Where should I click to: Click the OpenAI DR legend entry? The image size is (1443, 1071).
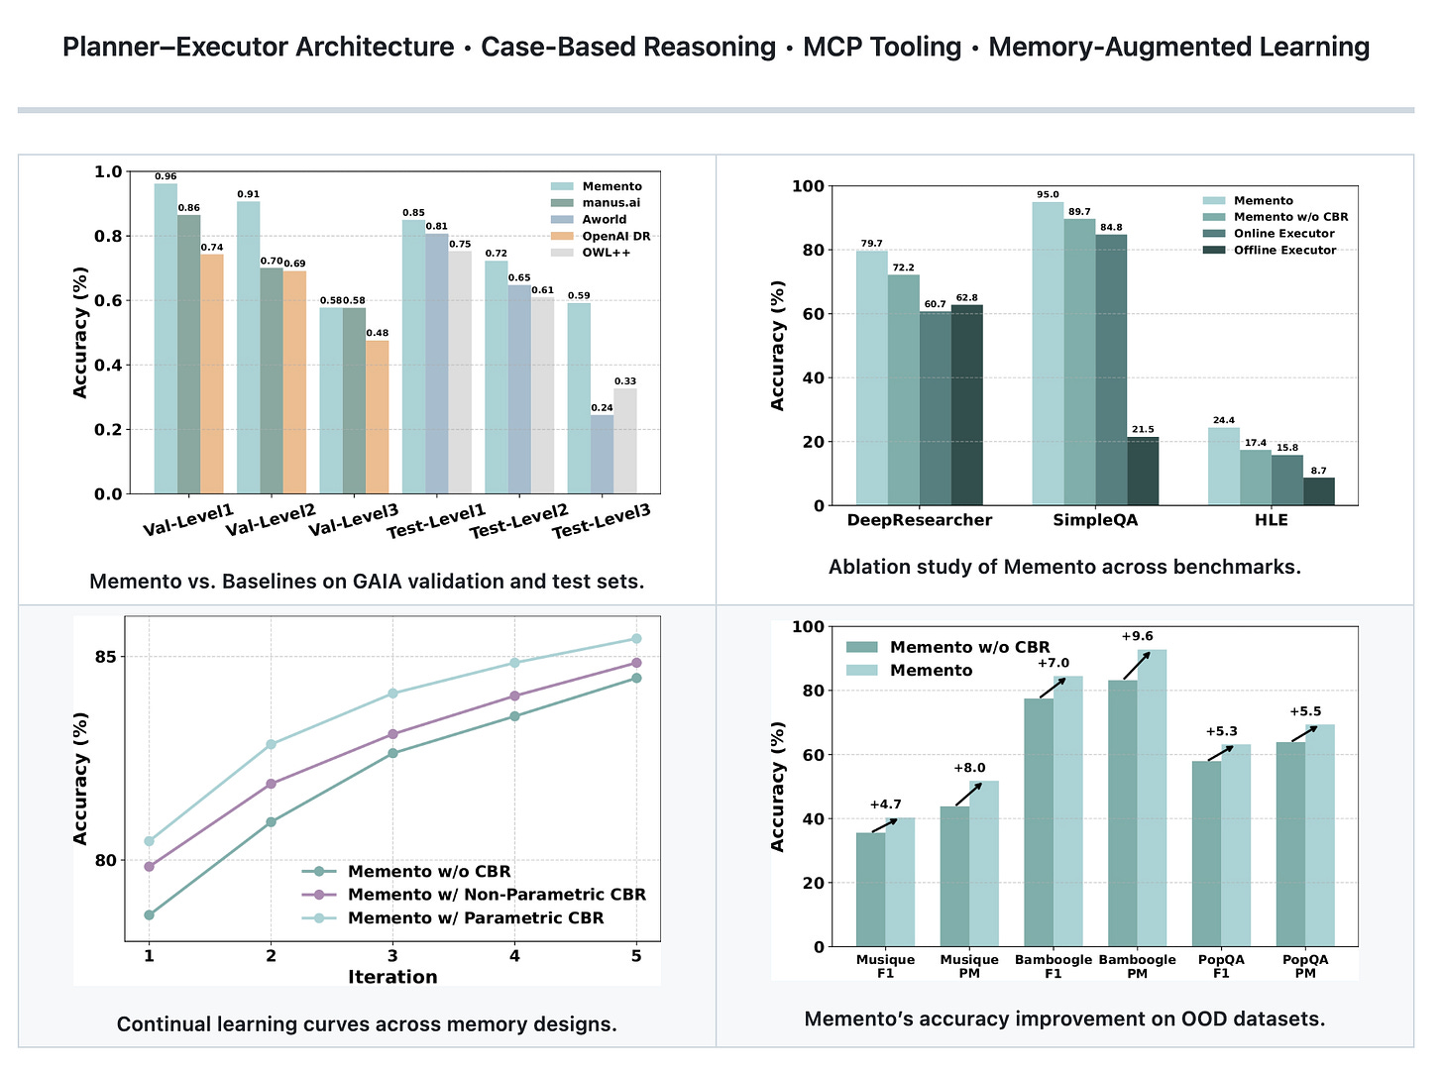615,236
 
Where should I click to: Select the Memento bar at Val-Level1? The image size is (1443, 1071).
166,338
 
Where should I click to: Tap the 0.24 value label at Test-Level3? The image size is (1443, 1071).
602,407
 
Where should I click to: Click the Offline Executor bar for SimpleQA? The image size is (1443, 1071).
1142,471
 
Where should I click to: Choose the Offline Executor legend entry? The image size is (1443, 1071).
1284,250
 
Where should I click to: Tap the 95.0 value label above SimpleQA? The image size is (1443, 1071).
1048,195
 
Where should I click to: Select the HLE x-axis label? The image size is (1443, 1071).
1272,520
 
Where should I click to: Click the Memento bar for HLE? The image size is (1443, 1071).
1224,467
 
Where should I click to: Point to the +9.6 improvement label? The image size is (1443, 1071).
1137,636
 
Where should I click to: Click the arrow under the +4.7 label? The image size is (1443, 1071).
885,825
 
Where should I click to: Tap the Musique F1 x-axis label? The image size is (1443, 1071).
885,966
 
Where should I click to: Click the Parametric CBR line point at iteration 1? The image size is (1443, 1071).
149,841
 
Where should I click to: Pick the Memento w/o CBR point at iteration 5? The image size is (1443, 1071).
636,678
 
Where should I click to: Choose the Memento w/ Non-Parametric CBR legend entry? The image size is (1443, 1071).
497,895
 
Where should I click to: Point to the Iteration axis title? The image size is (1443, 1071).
392,977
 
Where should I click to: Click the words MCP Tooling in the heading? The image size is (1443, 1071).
882,47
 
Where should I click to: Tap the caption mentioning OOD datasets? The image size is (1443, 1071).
1064,1018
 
